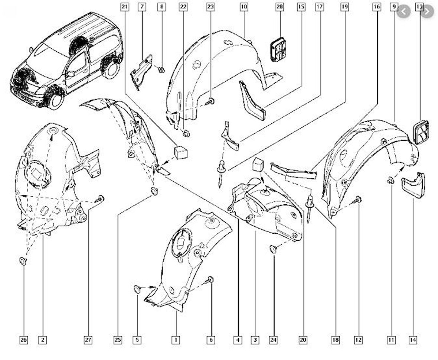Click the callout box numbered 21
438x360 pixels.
click(x=125, y=7)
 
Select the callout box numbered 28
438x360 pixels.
click(x=280, y=7)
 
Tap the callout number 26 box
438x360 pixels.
click(x=24, y=340)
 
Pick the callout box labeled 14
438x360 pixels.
click(x=413, y=340)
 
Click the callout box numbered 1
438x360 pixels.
click(x=176, y=340)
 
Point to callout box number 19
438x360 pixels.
click(x=345, y=7)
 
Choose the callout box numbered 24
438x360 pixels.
click(x=273, y=340)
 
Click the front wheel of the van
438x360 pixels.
click(x=56, y=100)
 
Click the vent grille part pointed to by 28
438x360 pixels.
click(x=278, y=49)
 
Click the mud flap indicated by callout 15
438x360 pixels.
click(x=252, y=100)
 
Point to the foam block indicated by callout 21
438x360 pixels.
click(x=181, y=152)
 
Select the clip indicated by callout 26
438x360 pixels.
click(x=23, y=261)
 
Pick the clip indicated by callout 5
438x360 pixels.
click(x=137, y=289)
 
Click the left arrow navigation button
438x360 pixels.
click(x=403, y=12)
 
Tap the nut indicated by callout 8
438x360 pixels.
click(x=161, y=69)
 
